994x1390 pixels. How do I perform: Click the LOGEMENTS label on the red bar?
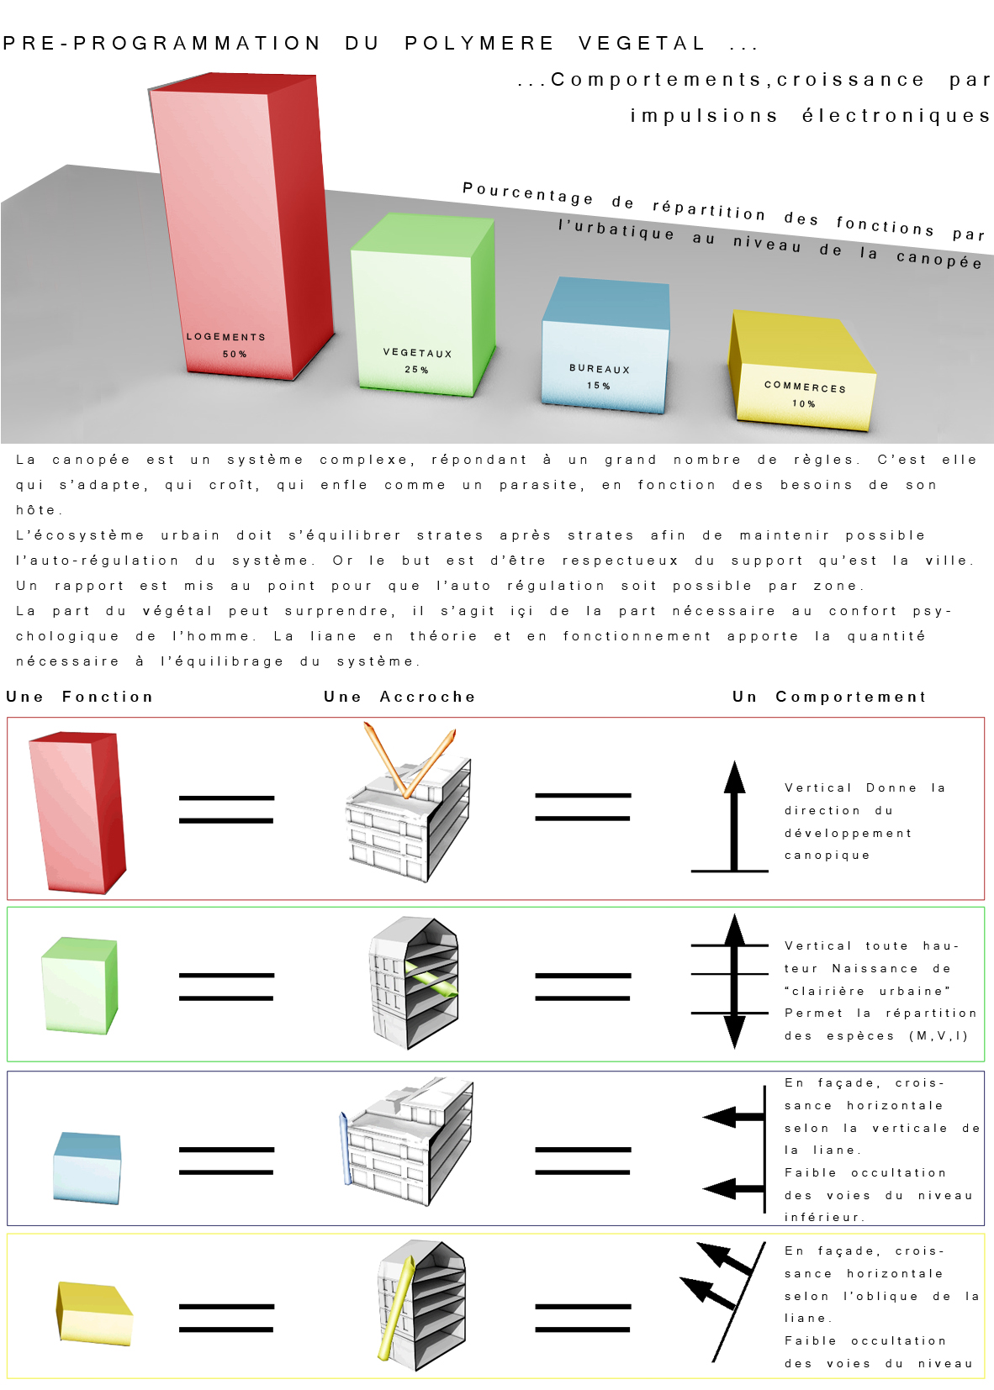click(226, 336)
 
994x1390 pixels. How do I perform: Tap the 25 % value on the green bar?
click(416, 369)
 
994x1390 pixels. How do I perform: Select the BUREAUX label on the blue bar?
click(600, 369)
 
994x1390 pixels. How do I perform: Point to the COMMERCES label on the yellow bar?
click(806, 387)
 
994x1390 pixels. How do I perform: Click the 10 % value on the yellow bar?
click(803, 403)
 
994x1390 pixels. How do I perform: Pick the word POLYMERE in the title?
click(478, 43)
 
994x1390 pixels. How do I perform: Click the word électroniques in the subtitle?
click(896, 115)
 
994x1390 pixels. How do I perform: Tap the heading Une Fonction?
click(80, 697)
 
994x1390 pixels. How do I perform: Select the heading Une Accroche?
click(399, 697)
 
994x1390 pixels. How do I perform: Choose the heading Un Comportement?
click(829, 697)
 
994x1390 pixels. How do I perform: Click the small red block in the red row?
click(77, 813)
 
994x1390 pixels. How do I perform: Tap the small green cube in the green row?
click(80, 986)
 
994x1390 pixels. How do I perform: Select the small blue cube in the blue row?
click(87, 1168)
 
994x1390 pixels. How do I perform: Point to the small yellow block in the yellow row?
click(94, 1314)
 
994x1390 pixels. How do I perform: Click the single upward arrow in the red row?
click(734, 816)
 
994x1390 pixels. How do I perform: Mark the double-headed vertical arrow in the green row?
click(734, 981)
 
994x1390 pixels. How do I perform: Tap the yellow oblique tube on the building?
click(396, 1308)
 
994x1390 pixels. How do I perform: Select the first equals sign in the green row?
click(226, 987)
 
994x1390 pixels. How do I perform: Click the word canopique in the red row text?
click(827, 856)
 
